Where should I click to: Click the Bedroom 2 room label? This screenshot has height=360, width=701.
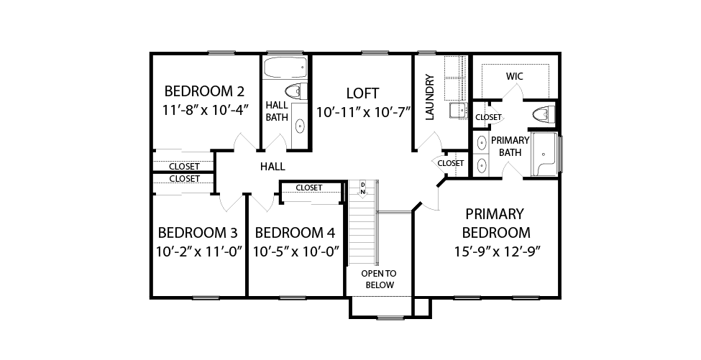tap(204, 91)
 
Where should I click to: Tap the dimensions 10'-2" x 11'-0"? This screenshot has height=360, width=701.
tap(199, 251)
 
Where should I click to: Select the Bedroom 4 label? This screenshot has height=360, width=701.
tap(295, 233)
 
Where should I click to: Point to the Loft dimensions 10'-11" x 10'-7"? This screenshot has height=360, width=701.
tap(364, 111)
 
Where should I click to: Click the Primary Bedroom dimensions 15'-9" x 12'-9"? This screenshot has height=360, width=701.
tap(498, 251)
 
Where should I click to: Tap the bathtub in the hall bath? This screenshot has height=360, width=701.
tap(285, 68)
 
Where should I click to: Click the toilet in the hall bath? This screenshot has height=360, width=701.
tap(296, 91)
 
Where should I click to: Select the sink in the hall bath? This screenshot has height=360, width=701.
tap(298, 126)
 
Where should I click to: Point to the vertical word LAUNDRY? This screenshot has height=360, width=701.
tap(430, 98)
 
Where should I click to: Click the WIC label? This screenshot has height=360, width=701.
tap(515, 76)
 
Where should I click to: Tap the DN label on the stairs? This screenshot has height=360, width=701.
tap(363, 188)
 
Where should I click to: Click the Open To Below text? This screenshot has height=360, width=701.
tap(379, 279)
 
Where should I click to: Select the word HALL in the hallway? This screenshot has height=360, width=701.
tap(272, 167)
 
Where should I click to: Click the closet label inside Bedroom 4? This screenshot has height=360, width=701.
tap(309, 188)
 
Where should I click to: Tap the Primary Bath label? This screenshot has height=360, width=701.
tap(510, 146)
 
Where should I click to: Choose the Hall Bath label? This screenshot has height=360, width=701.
tap(278, 111)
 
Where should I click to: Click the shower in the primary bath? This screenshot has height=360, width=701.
tap(544, 154)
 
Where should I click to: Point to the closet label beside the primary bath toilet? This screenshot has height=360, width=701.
tap(488, 117)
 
